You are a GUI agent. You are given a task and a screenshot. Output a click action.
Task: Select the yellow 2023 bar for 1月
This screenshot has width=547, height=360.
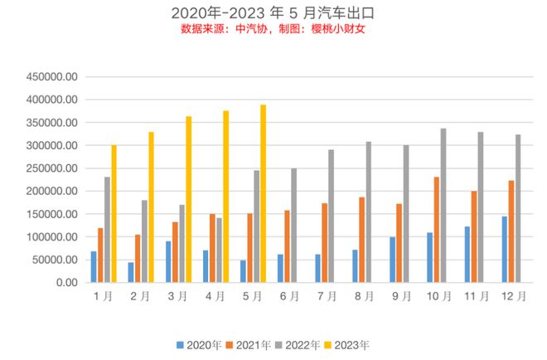pos(114,213)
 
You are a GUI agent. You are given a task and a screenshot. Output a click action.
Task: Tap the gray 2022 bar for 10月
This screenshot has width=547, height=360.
pos(443,206)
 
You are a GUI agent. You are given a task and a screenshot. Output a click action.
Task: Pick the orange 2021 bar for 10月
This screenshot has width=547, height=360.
pos(436,230)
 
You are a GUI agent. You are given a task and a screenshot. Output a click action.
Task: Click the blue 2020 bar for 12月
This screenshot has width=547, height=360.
pos(504,250)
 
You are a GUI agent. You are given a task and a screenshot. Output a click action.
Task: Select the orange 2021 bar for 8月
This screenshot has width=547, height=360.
pos(361,240)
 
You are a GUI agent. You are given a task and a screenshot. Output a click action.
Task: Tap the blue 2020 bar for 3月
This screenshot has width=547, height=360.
pos(168,262)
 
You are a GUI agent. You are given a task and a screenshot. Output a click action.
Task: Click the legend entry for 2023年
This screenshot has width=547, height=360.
pos(347,343)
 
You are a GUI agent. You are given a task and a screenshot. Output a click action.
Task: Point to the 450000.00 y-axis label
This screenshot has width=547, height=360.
pos(52,76)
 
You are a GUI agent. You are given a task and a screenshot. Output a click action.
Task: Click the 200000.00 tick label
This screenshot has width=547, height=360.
pos(52,192)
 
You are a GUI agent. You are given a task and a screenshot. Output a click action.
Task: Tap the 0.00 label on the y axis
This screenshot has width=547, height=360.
pos(65,283)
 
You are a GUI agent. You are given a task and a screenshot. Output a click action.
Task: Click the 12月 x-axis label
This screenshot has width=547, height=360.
pos(514,297)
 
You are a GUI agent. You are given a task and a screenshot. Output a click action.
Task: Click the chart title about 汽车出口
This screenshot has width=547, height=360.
pos(273,12)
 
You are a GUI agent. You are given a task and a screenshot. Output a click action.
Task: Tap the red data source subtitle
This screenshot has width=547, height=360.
pos(273,29)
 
